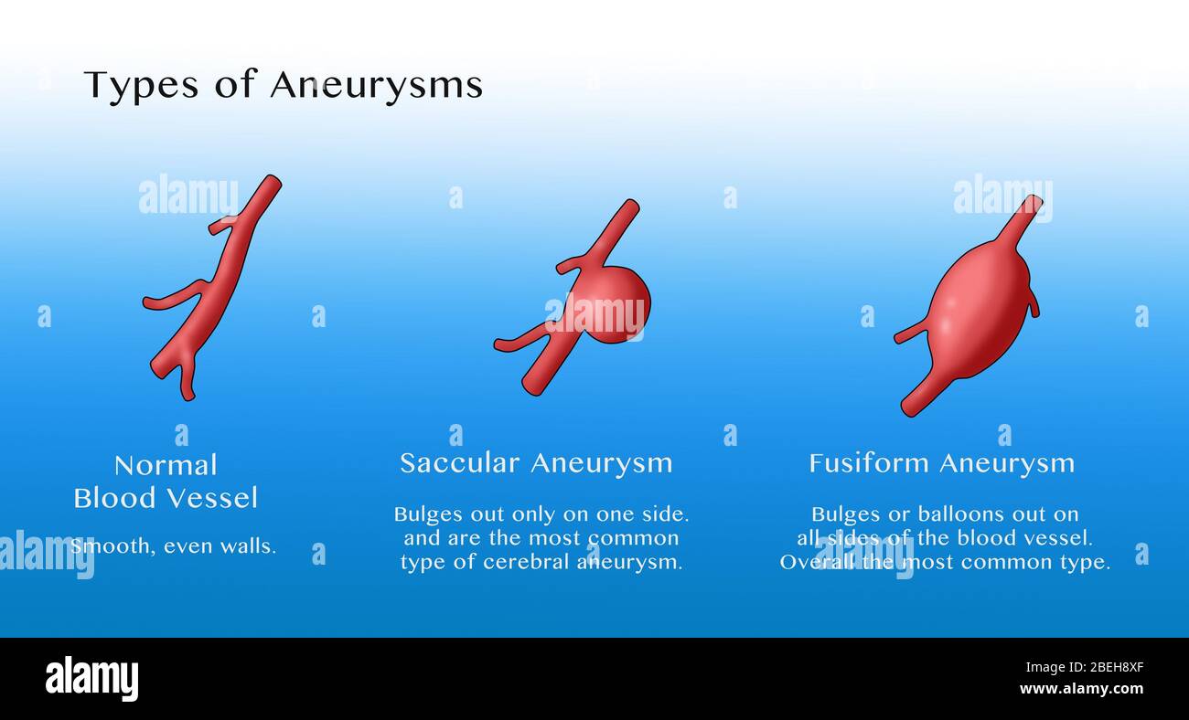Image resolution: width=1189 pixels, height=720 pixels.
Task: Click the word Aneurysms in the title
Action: coord(376,85)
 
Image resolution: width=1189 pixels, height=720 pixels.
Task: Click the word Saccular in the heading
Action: coord(459,463)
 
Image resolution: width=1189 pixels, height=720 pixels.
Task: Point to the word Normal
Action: coord(166,465)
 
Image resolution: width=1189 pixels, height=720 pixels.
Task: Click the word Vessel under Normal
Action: coord(212,498)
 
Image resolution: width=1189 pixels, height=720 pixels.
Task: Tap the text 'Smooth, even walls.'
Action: coord(173,545)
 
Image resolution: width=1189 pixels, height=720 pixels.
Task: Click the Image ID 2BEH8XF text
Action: coord(1085,667)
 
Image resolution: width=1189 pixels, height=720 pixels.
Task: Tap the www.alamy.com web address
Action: coord(1081,689)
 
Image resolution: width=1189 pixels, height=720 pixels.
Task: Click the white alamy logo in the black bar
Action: coord(91,678)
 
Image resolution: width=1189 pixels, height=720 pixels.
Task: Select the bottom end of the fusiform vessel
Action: coord(910,408)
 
